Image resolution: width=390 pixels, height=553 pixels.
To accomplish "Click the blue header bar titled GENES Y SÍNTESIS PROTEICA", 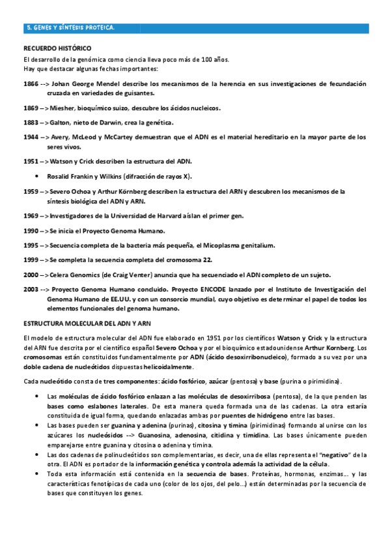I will (x=195, y=28).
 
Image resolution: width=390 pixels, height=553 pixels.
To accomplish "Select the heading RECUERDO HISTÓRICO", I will (x=57, y=49).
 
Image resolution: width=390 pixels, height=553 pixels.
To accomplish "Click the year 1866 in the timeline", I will (x=31, y=84).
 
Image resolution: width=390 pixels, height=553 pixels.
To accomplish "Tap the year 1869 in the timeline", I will (x=31, y=108).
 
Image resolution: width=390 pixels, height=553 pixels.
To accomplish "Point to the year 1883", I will (x=31, y=123).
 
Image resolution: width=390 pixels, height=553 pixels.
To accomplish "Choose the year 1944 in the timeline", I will (x=31, y=138).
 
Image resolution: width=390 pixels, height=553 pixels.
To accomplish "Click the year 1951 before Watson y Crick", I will (x=31, y=161).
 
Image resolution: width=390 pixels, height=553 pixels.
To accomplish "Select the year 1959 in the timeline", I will (x=31, y=192).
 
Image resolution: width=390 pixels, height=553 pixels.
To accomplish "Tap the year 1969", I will (x=31, y=216).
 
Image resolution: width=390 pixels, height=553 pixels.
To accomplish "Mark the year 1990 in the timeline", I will (x=31, y=231).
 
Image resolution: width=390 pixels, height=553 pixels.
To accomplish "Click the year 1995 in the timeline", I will (x=31, y=245).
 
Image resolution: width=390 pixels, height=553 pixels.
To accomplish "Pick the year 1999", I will (x=31, y=260).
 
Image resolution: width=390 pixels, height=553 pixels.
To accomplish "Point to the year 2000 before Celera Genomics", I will (x=31, y=275).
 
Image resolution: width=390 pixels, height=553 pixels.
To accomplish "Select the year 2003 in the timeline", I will (x=31, y=290).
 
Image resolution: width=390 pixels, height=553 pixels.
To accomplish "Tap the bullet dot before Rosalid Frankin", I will (x=40, y=177).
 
